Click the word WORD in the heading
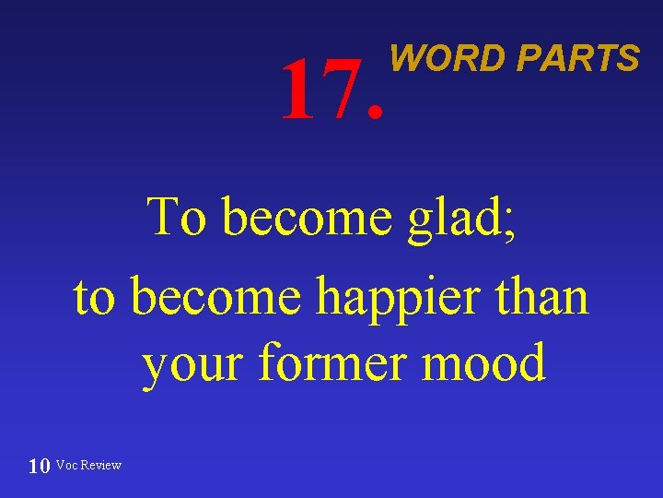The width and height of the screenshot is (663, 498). (448, 59)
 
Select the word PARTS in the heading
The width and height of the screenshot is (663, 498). (577, 59)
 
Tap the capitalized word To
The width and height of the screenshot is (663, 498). (180, 218)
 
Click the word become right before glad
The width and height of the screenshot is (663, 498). (308, 218)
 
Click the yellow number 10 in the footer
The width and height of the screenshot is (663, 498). (39, 466)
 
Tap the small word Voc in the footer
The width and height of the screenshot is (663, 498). (67, 465)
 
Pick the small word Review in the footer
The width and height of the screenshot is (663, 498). (101, 465)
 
